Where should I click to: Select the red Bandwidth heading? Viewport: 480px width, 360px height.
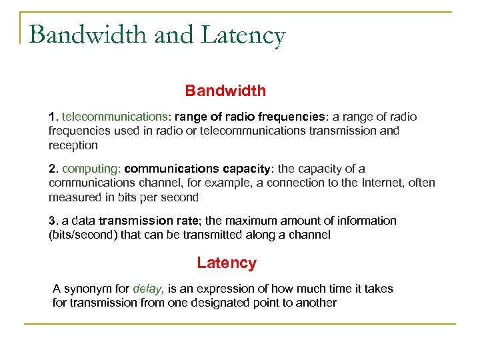225,90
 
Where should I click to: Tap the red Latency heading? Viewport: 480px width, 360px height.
226,263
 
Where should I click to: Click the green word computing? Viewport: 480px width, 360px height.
90,169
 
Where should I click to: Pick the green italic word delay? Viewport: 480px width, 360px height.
148,289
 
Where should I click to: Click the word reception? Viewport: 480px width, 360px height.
73,145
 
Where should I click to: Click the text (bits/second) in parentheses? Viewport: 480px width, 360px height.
83,235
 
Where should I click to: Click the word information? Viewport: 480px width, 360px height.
366,221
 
